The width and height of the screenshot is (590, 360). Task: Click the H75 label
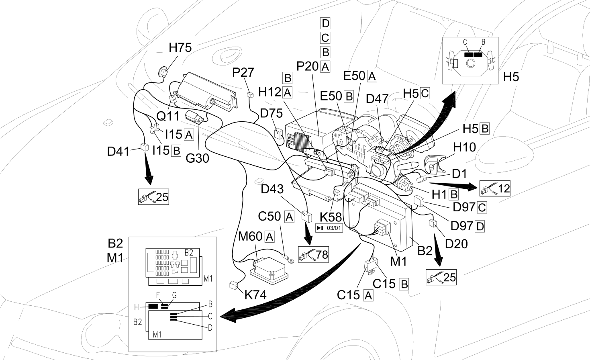point(180,48)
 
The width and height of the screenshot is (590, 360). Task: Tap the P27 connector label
point(243,72)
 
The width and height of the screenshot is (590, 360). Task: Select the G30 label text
point(197,158)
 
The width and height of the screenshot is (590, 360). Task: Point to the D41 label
point(118,151)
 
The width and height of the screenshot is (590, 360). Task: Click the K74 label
point(255,295)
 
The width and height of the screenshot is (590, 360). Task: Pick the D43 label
point(272,189)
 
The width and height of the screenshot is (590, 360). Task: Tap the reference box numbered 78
point(313,254)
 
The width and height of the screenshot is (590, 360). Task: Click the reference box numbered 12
point(495,188)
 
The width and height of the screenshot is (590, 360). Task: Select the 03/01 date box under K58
point(329,228)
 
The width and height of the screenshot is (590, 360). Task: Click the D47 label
point(377,99)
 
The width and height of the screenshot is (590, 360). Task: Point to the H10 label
point(464,147)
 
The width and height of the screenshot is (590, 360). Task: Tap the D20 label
point(456,244)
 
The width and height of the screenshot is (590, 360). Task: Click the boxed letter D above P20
point(325,23)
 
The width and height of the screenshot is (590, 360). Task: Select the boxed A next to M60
point(269,237)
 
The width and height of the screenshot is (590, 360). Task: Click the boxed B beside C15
point(404,284)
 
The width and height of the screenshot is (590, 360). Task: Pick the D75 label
point(271,113)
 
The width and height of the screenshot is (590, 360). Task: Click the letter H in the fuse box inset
point(137,307)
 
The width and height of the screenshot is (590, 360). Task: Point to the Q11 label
point(168,116)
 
